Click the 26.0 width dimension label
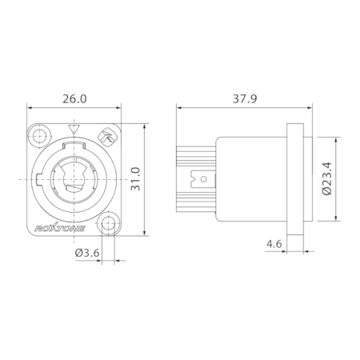[74, 98]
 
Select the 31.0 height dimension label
[135, 179]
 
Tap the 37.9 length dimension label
[245, 98]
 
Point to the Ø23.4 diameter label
[326, 178]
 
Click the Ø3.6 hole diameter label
[87, 253]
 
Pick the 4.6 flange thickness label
[274, 244]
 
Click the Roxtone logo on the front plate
[60, 229]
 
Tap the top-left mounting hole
[40, 135]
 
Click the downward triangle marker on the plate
[74, 129]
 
